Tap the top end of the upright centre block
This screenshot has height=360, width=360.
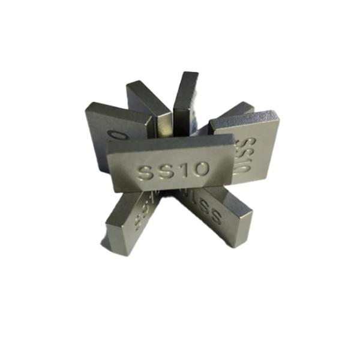187,75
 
